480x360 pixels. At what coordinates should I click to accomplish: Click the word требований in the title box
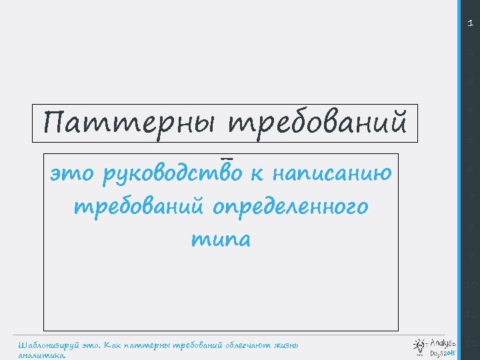[x=317, y=123]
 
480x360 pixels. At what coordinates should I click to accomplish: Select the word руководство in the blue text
[x=173, y=175]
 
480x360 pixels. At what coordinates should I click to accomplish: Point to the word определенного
[x=290, y=207]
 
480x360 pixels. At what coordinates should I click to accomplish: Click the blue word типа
[x=221, y=239]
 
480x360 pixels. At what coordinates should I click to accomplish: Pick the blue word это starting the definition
[x=73, y=175]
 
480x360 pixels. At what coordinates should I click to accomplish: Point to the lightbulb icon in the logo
[x=420, y=345]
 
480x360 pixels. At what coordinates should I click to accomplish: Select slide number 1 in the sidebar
[x=470, y=23]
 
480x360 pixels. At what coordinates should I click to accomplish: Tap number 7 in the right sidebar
[x=470, y=198]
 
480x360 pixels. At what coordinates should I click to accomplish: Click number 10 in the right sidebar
[x=470, y=285]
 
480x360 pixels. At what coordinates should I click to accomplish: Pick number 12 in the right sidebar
[x=470, y=343]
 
